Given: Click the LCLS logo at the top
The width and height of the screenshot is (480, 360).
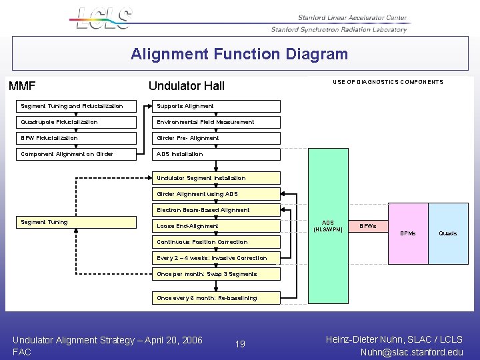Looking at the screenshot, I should pyautogui.click(x=104, y=18).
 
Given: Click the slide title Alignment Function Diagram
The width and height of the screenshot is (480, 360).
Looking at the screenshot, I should pyautogui.click(x=239, y=54).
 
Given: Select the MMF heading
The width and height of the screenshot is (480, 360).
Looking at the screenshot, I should pyautogui.click(x=22, y=86).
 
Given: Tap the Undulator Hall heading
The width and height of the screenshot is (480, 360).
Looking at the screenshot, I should pyautogui.click(x=187, y=86).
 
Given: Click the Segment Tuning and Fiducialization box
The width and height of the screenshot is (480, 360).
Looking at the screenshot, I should pyautogui.click(x=77, y=106).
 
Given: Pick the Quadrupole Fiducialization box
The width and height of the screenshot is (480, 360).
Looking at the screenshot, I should pyautogui.click(x=77, y=122).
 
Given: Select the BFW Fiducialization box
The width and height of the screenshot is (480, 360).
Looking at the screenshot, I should pyautogui.click(x=77, y=138).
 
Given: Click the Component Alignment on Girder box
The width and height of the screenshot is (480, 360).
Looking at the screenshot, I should pyautogui.click(x=77, y=154).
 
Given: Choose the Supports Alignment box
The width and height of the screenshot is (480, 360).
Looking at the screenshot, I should pyautogui.click(x=217, y=106).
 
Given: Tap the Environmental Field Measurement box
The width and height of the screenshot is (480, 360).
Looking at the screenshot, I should pyautogui.click(x=217, y=122).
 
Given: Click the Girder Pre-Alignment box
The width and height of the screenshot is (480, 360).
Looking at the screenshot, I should pyautogui.click(x=217, y=138).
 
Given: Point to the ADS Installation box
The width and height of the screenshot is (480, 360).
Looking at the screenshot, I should pyautogui.click(x=217, y=154).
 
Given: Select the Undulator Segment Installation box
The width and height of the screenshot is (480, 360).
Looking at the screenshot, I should pyautogui.click(x=217, y=178).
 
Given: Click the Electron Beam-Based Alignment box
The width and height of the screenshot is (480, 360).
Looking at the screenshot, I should pyautogui.click(x=217, y=210).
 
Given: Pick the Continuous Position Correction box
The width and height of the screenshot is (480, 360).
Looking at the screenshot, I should pyautogui.click(x=217, y=242).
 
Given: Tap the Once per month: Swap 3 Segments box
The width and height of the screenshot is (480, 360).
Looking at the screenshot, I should pyautogui.click(x=217, y=274).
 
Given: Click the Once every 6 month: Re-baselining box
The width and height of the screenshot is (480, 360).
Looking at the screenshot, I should pyautogui.click(x=217, y=298).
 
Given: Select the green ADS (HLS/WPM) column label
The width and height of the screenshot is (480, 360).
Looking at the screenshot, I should pyautogui.click(x=328, y=226).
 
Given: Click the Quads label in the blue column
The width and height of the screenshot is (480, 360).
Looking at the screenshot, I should pyautogui.click(x=447, y=233).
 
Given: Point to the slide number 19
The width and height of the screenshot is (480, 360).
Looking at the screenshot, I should pyautogui.click(x=240, y=344).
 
